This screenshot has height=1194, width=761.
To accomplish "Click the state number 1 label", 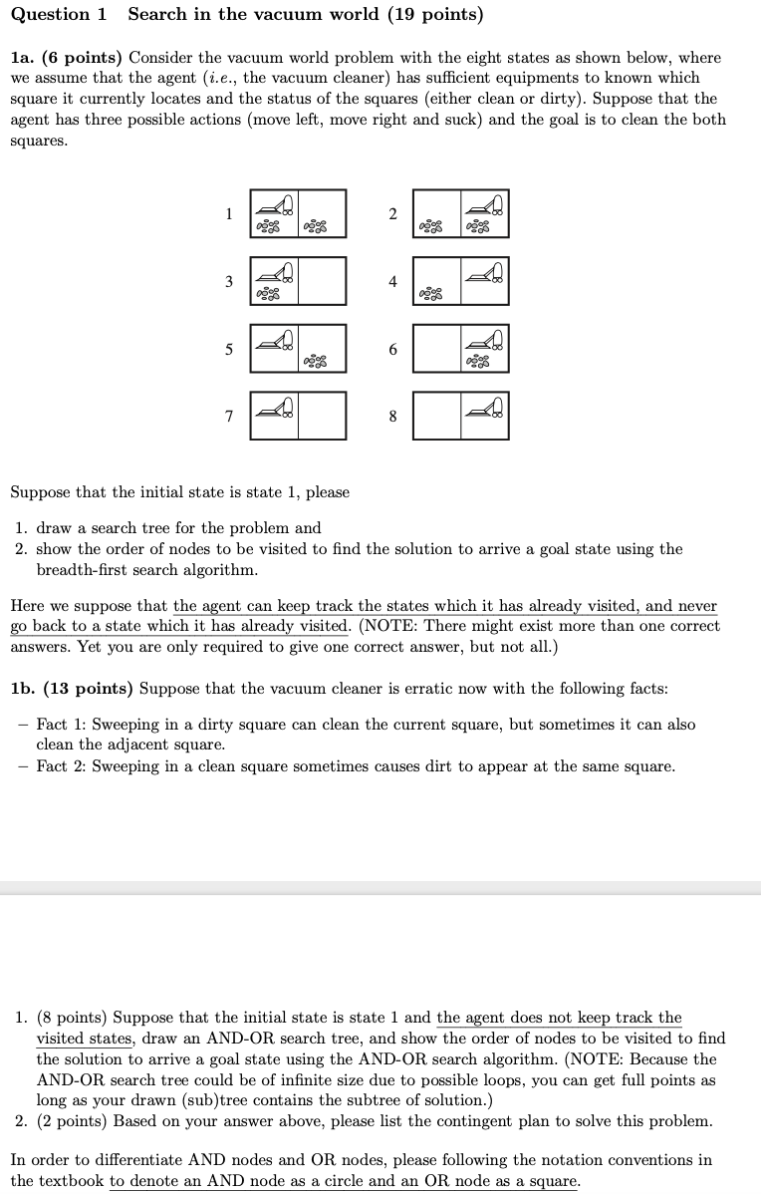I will [228, 213].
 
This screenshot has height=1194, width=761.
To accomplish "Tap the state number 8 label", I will [391, 417].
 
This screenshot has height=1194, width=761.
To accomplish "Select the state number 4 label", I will [391, 281].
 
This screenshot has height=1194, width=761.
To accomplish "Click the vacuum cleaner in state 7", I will [275, 406].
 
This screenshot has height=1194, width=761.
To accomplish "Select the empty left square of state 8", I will [436, 417].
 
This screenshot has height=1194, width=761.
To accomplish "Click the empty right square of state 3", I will [322, 281].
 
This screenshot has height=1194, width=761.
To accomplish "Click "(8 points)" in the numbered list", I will [73, 1018].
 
